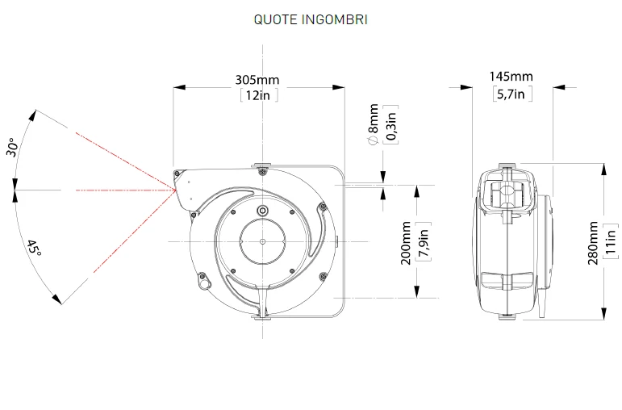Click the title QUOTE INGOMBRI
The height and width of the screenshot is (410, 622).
click(x=311, y=19)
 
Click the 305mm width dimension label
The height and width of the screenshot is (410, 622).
click(x=257, y=80)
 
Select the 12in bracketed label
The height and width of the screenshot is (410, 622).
click(x=259, y=95)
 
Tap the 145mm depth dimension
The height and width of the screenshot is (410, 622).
click(x=511, y=76)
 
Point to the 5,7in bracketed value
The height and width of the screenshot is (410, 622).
click(x=512, y=94)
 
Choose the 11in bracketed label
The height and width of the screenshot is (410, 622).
click(x=611, y=241)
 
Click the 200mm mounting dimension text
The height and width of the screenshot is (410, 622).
click(x=406, y=243)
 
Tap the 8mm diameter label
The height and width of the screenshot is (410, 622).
click(x=374, y=124)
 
